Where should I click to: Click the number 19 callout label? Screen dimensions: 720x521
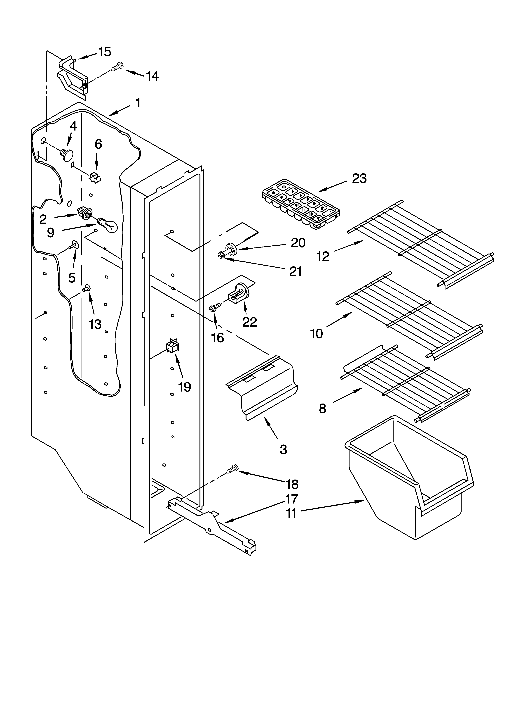coord(184,387)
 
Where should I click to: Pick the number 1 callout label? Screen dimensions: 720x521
coord(138,102)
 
